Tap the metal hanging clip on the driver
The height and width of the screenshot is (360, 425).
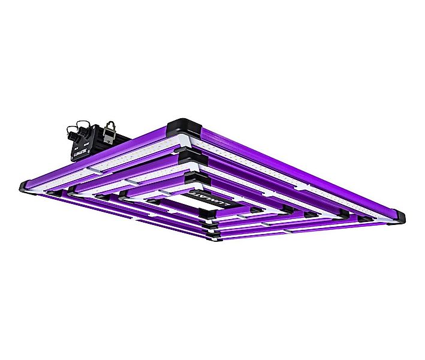[110, 126]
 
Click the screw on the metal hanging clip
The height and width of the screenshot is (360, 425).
[111, 130]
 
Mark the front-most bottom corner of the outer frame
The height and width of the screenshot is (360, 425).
[213, 239]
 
